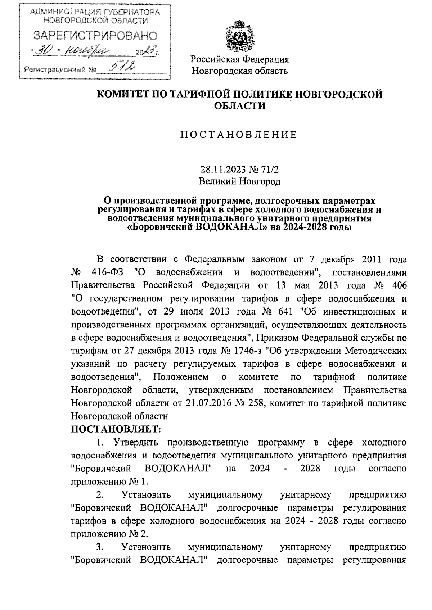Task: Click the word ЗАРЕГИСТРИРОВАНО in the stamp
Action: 95,36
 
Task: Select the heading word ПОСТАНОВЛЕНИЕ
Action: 239,135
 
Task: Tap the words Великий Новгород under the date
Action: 240,181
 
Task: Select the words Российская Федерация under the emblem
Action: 240,59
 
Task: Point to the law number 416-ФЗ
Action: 107,272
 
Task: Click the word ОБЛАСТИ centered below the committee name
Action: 240,106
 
